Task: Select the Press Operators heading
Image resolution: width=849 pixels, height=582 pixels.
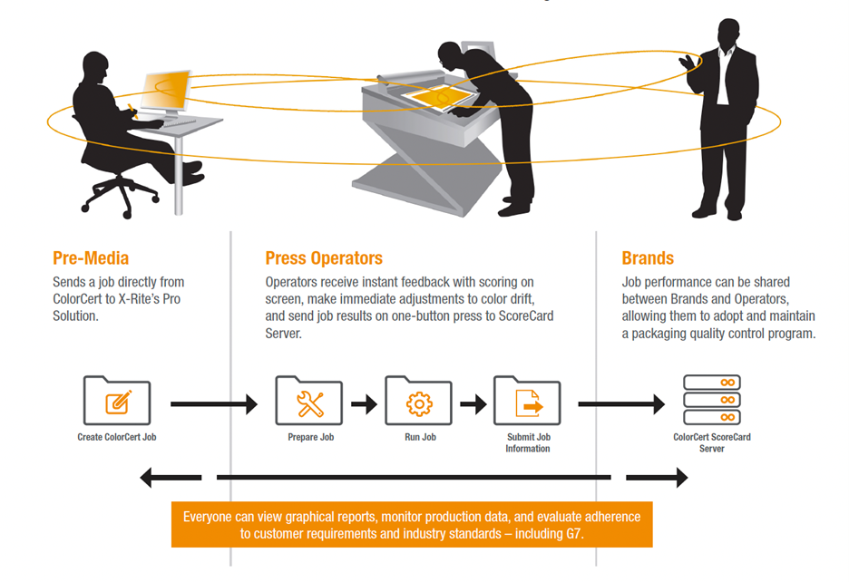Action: pyautogui.click(x=324, y=258)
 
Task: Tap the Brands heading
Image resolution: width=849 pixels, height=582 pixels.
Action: pyautogui.click(x=648, y=258)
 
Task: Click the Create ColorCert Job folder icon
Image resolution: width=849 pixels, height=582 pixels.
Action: pyautogui.click(x=117, y=402)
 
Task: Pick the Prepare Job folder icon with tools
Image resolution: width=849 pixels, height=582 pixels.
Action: pyautogui.click(x=309, y=402)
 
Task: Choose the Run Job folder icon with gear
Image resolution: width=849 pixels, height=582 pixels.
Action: pyautogui.click(x=418, y=402)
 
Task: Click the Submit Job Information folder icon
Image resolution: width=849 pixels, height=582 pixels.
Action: pyautogui.click(x=527, y=402)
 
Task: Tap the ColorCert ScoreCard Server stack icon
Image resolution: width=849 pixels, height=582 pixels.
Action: pyautogui.click(x=712, y=402)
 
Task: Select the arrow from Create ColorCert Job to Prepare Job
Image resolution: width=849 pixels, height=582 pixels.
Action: pyautogui.click(x=213, y=403)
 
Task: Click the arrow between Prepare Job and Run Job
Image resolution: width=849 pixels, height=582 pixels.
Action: pyautogui.click(x=364, y=403)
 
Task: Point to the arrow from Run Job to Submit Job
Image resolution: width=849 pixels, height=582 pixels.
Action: pyautogui.click(x=473, y=403)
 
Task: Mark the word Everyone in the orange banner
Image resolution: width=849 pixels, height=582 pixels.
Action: pyautogui.click(x=210, y=517)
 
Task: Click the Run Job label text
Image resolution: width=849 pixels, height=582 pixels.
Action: pyautogui.click(x=418, y=437)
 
